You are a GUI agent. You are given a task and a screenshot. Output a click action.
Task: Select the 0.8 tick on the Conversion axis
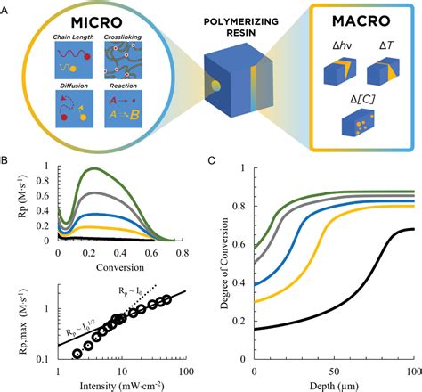(x=183, y=252)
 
